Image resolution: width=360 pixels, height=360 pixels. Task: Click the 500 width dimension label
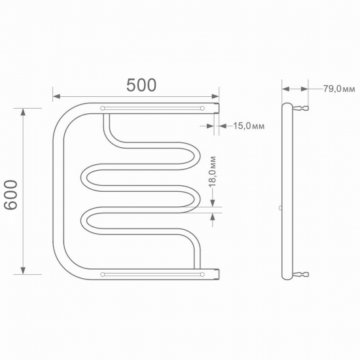point(141,85)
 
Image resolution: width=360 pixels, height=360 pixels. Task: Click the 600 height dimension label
point(10,195)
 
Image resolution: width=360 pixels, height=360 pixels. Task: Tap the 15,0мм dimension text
point(249,126)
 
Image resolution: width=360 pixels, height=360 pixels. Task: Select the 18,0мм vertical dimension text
point(213,171)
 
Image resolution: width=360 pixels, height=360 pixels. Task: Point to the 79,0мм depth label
point(339,88)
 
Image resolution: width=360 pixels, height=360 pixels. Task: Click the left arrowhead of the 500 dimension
point(56,96)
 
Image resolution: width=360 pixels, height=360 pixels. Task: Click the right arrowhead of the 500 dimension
point(215,96)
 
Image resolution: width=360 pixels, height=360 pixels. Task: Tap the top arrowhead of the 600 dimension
point(23,113)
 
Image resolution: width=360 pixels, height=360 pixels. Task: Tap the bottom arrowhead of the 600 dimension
point(23,270)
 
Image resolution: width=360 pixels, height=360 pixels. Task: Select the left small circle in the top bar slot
point(102,108)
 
